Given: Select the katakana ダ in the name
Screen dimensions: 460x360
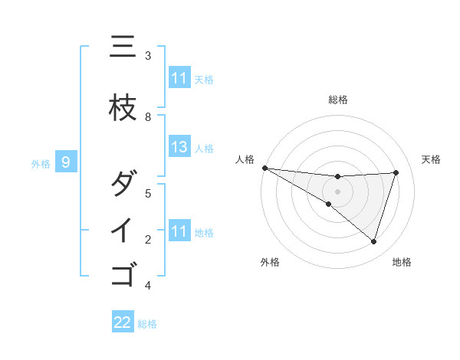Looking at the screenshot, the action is coord(123,184).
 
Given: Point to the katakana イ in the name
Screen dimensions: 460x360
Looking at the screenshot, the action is coord(123,231).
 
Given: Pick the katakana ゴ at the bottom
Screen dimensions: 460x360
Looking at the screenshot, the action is coord(123,274).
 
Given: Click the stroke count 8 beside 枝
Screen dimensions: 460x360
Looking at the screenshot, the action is coord(148,116).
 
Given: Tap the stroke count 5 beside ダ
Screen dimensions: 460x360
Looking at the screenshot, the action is coord(148,193).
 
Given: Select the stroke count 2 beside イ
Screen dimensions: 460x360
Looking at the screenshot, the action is coord(148,240).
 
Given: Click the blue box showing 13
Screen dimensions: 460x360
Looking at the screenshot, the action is coord(179,148).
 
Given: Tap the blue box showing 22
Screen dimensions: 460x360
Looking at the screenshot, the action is coord(123,322).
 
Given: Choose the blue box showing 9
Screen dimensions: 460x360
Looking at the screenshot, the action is coord(66,162).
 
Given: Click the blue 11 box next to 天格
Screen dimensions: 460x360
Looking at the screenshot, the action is coord(179,78).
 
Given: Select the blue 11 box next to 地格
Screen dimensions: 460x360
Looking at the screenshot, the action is coord(179,232).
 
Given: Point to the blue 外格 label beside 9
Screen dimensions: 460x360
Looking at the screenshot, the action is coord(41,162).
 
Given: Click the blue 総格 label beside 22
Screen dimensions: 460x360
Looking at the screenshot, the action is coord(147,323).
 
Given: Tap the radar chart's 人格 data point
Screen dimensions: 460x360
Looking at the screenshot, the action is coord(264,168).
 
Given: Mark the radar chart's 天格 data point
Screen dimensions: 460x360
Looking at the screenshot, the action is coord(396,172).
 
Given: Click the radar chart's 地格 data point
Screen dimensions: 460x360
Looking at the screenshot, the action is coord(373,241).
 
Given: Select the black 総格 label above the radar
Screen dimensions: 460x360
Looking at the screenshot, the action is coord(337,100).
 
